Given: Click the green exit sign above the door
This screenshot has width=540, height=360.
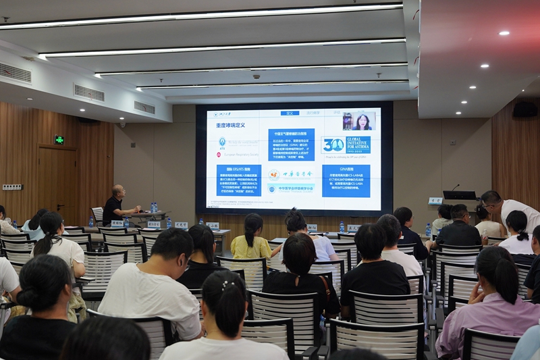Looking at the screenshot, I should [59, 140].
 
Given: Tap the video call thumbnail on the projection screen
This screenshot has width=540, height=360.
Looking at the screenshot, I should [359, 122].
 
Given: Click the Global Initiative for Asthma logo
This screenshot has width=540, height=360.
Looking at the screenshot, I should [346, 145].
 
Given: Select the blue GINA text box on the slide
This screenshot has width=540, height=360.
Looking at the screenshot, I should [346, 180].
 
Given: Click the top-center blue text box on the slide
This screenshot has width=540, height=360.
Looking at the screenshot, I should [291, 145].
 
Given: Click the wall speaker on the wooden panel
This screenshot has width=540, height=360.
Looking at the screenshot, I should [524, 109].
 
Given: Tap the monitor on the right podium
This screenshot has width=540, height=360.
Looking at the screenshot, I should [459, 195].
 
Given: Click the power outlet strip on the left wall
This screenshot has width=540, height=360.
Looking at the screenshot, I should [11, 187].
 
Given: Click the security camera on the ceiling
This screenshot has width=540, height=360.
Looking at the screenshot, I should [256, 76].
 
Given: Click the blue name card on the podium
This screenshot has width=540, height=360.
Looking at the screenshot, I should [435, 201].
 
